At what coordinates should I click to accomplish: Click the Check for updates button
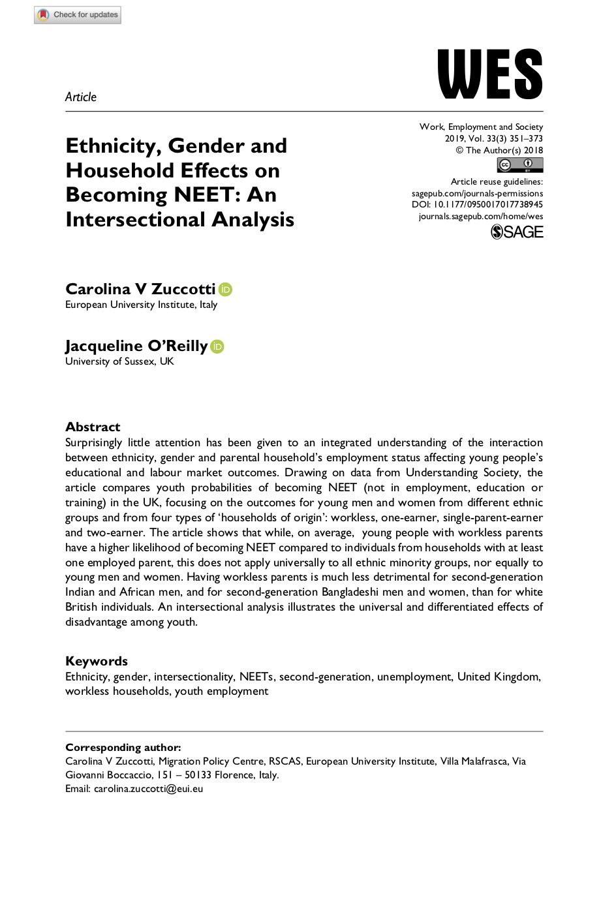pos(78,14)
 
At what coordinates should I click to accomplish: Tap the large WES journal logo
pos(490,74)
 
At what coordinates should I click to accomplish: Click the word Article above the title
pos(81,97)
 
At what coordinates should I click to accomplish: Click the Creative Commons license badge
pos(519,165)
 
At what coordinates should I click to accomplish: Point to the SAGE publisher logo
pos(517,232)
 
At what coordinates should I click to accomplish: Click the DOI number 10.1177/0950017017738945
pos(488,205)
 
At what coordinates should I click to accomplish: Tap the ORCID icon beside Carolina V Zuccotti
pos(226,290)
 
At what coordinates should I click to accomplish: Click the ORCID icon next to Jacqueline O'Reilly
pos(217,346)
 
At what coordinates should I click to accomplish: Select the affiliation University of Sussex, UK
pos(119,361)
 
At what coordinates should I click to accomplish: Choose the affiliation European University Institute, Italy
pos(141,305)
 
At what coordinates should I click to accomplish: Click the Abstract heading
pos(93,427)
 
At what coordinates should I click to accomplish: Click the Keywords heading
pos(97,661)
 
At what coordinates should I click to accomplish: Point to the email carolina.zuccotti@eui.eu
pos(148,789)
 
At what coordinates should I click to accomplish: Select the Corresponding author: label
pos(123,748)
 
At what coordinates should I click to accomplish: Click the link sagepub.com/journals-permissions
pos(477,194)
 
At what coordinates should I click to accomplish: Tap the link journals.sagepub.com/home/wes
pos(480,217)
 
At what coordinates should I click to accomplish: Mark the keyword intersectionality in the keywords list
pos(194,677)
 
